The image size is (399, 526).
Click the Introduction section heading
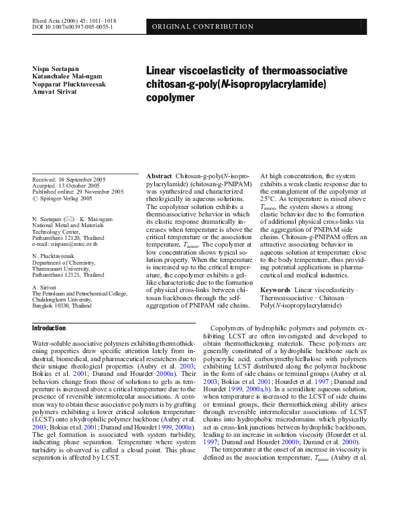click(x=49, y=328)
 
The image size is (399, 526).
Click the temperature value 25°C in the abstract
click(x=268, y=199)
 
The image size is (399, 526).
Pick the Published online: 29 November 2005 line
click(x=78, y=192)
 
